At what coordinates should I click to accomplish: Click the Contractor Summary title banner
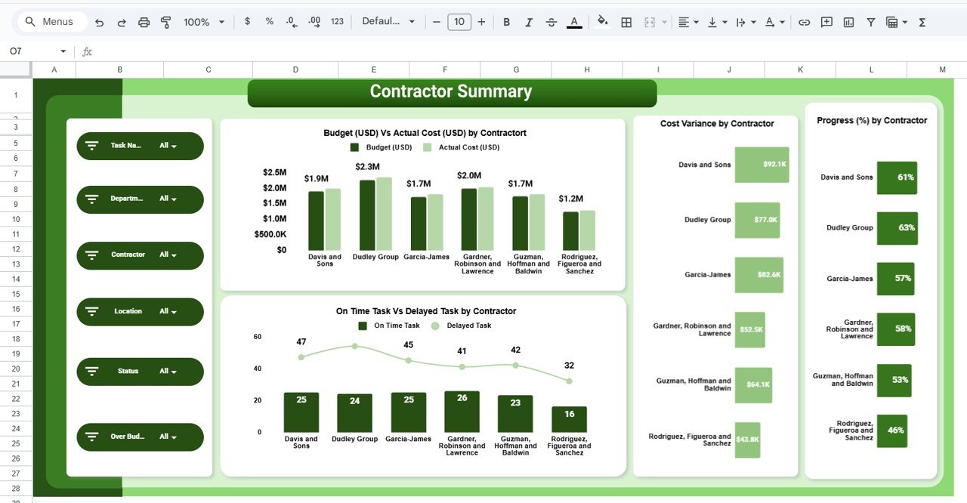click(452, 93)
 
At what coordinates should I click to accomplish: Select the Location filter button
click(140, 311)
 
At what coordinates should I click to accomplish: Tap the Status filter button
click(140, 372)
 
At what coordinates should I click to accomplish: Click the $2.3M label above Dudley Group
click(367, 167)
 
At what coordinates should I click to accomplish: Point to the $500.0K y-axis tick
click(270, 234)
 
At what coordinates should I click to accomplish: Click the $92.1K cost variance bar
click(762, 165)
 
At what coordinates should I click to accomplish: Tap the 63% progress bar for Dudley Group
click(897, 228)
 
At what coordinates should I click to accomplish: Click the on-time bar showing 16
click(569, 419)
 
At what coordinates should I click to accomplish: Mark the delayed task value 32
click(569, 366)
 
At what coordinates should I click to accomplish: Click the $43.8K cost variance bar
click(747, 440)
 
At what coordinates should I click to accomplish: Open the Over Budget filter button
click(140, 437)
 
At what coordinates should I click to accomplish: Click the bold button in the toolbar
click(507, 22)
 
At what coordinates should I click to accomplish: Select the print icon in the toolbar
click(144, 22)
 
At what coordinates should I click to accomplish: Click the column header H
click(587, 69)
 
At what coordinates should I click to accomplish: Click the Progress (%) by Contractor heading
click(872, 121)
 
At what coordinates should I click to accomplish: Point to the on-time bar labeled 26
click(462, 412)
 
